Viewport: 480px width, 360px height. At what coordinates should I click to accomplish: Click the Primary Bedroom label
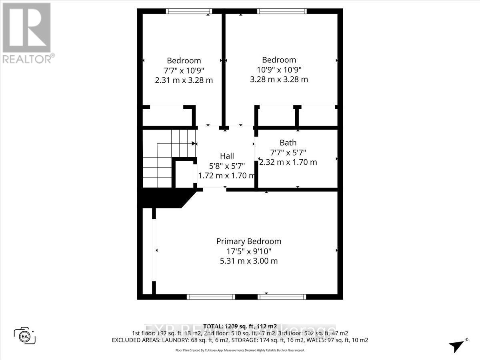click(x=248, y=242)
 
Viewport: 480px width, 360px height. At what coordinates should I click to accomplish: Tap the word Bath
click(x=288, y=143)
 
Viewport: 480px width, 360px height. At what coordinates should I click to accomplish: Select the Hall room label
click(x=227, y=156)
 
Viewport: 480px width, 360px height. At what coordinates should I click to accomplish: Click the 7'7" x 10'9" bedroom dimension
click(x=184, y=70)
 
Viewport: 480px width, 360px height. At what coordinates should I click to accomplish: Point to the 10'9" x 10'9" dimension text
click(x=279, y=70)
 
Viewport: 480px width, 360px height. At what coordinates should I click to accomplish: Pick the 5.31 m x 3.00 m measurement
click(x=248, y=261)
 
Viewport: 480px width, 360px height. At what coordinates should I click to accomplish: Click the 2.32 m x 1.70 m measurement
click(x=288, y=162)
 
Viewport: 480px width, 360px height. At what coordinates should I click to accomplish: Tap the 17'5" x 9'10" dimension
click(x=248, y=252)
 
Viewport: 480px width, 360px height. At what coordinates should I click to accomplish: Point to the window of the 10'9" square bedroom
click(x=282, y=11)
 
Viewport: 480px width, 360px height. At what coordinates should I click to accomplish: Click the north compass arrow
click(x=456, y=345)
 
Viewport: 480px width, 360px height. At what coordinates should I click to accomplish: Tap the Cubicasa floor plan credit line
click(x=240, y=350)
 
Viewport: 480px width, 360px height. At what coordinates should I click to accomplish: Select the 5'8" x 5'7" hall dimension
click(x=227, y=166)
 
